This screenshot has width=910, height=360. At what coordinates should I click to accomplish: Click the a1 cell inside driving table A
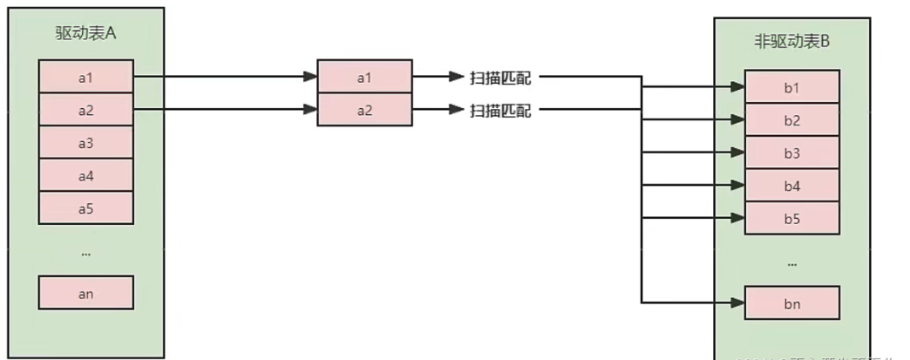[85, 77]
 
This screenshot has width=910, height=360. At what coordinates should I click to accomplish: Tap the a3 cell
[85, 142]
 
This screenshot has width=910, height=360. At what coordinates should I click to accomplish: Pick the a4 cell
[85, 175]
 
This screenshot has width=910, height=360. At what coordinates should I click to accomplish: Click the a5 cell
[85, 207]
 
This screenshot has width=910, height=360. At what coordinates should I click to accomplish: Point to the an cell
[85, 293]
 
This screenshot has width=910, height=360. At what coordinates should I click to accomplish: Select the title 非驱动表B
[791, 40]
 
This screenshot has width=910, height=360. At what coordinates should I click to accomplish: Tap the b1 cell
[791, 87]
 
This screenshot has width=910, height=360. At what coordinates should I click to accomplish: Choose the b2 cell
[791, 119]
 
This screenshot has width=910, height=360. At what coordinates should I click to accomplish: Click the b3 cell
[791, 153]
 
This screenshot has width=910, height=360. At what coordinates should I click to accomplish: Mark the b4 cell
[791, 186]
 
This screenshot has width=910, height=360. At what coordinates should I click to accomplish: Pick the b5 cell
[791, 218]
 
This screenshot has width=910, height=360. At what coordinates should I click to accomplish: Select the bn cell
[791, 303]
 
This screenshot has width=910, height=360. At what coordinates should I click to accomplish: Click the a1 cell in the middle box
[363, 77]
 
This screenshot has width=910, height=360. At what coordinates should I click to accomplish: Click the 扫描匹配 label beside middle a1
[500, 78]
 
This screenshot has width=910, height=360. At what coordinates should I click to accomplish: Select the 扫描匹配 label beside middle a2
[500, 110]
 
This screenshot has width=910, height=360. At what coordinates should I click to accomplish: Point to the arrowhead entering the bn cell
[737, 303]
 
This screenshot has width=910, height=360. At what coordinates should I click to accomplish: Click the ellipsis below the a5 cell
[85, 252]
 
